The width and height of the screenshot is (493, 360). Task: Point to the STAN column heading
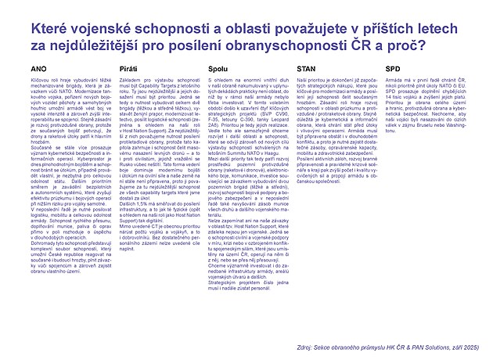pos(308,69)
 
